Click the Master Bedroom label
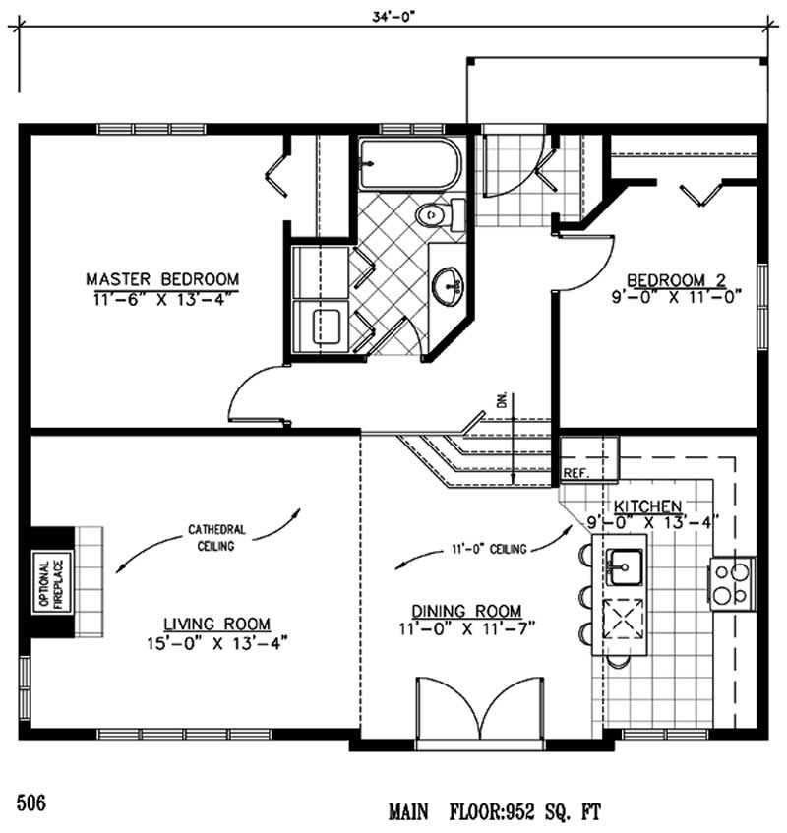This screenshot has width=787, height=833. tap(162, 278)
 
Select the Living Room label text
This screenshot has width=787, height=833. tap(216, 623)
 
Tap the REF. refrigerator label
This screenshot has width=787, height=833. tap(576, 473)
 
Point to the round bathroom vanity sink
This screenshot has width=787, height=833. tap(449, 285)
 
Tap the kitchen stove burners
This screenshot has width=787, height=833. tap(730, 583)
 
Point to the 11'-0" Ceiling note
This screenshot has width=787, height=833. tap(489, 549)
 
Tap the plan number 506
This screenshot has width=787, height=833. tap(30, 800)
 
